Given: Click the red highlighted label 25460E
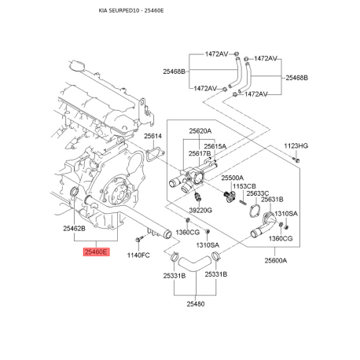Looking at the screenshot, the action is (96, 252).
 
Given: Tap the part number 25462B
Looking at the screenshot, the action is (74, 229).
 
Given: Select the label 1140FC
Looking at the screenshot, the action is (138, 255).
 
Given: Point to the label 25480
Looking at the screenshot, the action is (196, 304).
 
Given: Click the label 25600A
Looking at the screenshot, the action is (276, 260).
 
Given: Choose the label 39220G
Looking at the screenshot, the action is (200, 210).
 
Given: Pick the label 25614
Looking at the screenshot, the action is (152, 136).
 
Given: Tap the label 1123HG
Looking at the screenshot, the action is (296, 146).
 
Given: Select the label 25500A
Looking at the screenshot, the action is (232, 178).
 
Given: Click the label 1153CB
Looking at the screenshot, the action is (244, 186).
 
